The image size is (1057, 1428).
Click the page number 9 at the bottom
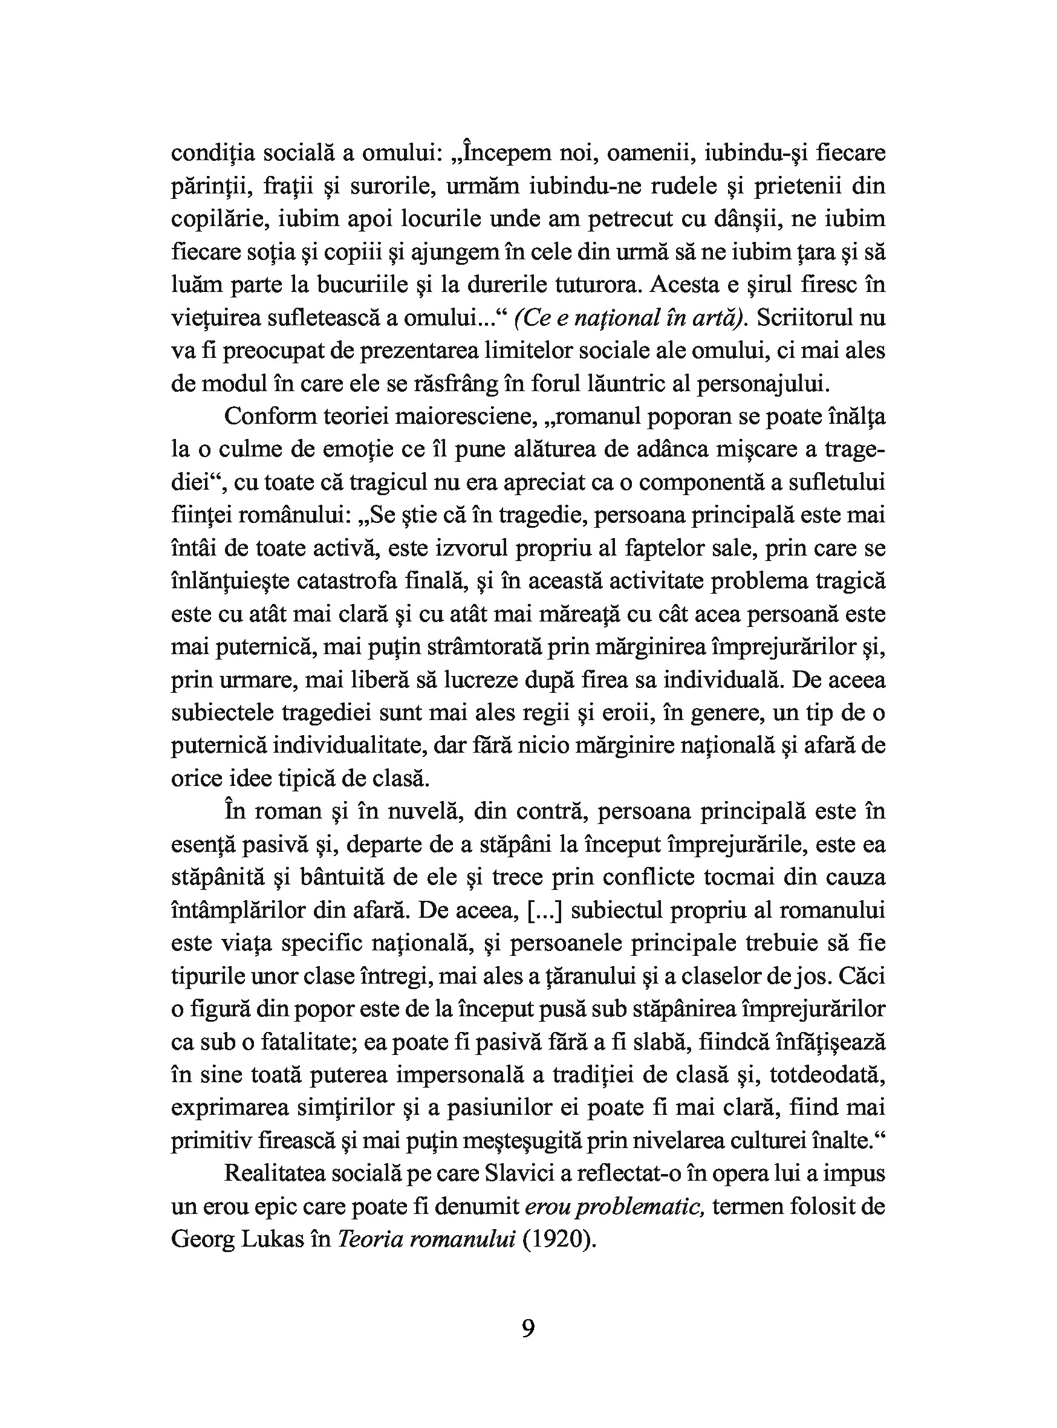pos(528,1328)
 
